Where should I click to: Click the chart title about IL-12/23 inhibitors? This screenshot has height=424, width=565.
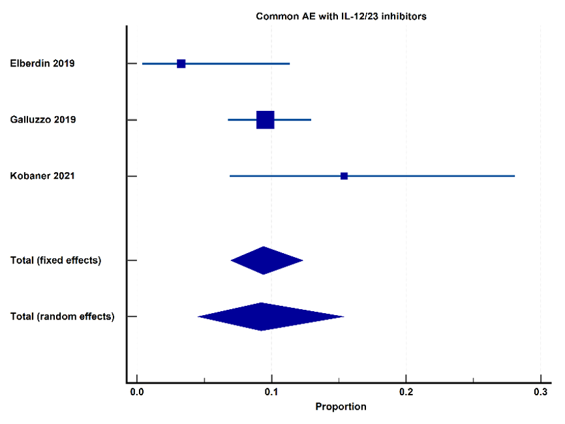[x=341, y=16]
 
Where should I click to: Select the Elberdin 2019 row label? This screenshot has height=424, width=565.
[x=42, y=63]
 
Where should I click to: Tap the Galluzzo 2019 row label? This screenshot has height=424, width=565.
[x=43, y=119]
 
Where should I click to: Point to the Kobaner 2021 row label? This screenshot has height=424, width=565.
[x=42, y=175]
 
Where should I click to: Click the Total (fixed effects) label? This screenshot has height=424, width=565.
[x=55, y=260]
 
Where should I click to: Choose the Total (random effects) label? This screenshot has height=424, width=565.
[x=62, y=316]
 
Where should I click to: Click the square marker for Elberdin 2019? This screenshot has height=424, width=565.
[x=181, y=64]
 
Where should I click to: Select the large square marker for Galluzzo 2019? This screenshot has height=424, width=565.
[x=265, y=120]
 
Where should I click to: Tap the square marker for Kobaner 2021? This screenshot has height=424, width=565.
[x=344, y=176]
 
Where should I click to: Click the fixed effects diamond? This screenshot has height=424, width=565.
[x=267, y=260]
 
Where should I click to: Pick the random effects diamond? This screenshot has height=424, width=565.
[x=271, y=316]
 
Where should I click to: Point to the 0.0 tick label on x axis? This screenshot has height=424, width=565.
[x=137, y=392]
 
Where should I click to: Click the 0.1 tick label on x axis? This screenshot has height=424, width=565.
[x=271, y=392]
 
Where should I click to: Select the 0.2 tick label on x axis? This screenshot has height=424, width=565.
[x=406, y=392]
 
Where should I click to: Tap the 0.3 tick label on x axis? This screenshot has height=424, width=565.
[x=540, y=392]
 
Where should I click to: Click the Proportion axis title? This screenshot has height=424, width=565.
[x=341, y=406]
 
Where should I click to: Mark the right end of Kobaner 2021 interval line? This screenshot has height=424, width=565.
[x=515, y=176]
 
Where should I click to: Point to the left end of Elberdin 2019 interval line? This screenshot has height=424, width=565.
[x=142, y=64]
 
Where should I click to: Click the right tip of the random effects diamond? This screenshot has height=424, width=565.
[x=344, y=316]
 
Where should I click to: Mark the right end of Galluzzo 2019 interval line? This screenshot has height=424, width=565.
[x=311, y=120]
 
